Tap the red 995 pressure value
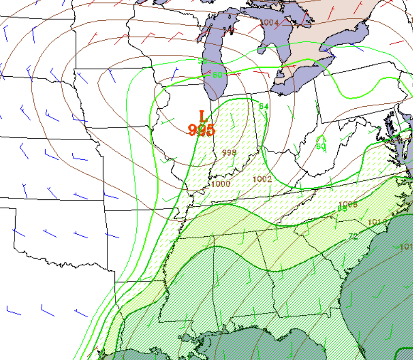[201, 130]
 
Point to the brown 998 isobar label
[229, 152]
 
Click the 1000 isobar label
[221, 184]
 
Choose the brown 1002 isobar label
[262, 179]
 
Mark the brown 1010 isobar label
[378, 222]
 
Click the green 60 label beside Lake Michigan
[217, 75]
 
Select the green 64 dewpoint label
[264, 107]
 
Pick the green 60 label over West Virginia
[321, 147]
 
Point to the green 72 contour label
[353, 237]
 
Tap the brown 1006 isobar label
[348, 204]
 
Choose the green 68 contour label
[342, 209]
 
